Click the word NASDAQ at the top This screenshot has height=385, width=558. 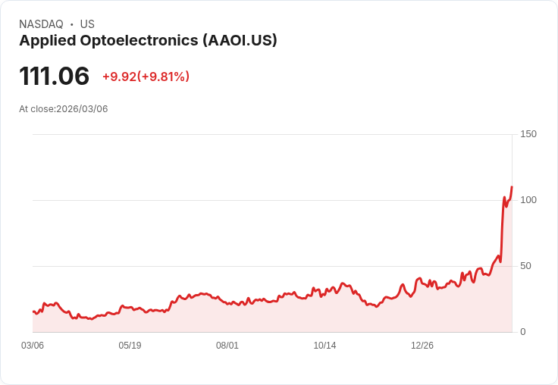click(41, 24)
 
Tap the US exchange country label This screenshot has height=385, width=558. click(87, 24)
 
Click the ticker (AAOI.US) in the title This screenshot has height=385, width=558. click(240, 40)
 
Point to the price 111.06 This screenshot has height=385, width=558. click(54, 76)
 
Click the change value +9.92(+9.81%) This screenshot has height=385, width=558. click(146, 77)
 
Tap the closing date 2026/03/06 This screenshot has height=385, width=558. click(82, 109)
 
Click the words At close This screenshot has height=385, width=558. click(36, 109)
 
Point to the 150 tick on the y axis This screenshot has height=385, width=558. click(528, 134)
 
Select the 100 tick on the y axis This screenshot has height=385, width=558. click(528, 200)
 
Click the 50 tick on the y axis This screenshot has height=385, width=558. click(526, 266)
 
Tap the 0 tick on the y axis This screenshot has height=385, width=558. click(523, 332)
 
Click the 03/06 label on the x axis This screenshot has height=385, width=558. click(33, 346)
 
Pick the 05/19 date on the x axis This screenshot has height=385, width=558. click(130, 346)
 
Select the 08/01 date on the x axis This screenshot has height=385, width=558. click(227, 346)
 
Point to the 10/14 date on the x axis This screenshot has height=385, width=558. click(324, 346)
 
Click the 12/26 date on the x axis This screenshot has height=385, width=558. click(422, 346)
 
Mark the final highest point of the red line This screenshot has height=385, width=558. click(512, 187)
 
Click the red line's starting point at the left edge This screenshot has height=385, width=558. click(33, 311)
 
